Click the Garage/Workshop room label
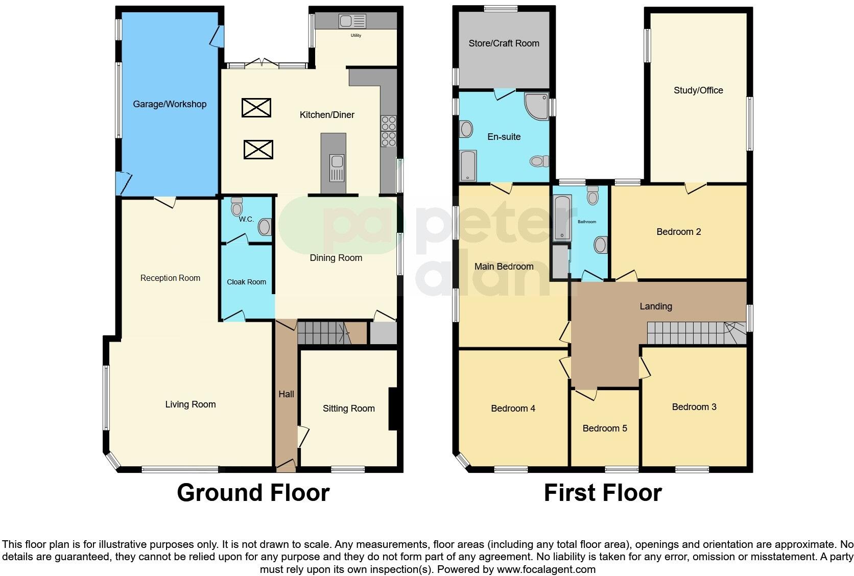(170, 104)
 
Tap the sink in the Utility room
(352, 21)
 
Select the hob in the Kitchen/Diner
(388, 132)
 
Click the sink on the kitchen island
(337, 167)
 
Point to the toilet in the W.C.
(236, 207)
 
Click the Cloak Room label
(246, 282)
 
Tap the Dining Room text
(336, 258)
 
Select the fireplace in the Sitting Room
(393, 409)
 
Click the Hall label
(286, 394)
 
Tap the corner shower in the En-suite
(536, 106)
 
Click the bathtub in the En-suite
(468, 165)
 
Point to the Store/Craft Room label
(504, 43)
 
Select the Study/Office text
(698, 90)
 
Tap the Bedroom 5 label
(604, 428)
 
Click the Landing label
(655, 306)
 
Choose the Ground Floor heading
(253, 493)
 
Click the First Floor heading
(602, 493)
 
